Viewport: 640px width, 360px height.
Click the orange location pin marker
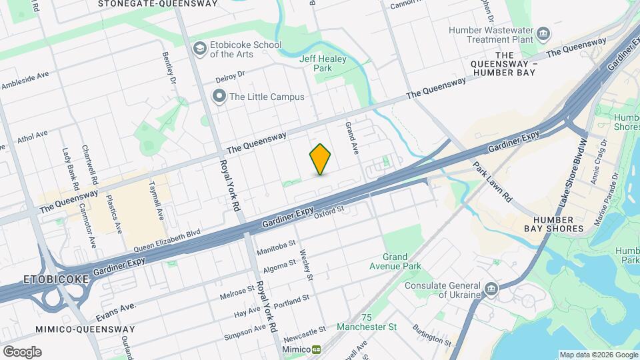(320, 159)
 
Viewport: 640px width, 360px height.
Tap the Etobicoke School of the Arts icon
(199, 49)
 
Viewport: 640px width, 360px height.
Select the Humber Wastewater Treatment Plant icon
(543, 33)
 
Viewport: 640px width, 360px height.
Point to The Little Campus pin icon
(219, 97)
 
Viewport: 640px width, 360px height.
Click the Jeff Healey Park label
(316, 63)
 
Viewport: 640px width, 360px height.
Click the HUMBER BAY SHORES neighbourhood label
(554, 223)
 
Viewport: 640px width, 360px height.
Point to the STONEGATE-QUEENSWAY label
(157, 3)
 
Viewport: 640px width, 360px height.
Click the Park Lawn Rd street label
(492, 181)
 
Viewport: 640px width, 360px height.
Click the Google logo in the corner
(22, 351)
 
